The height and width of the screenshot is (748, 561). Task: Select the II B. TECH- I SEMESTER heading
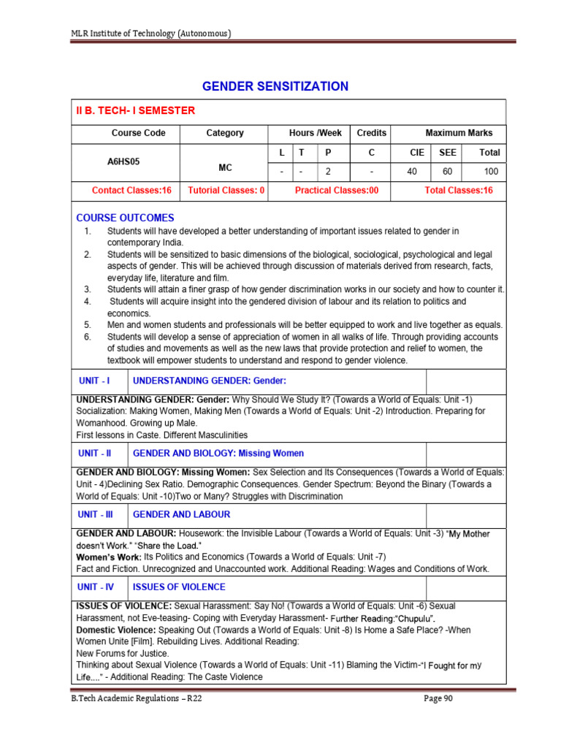click(136, 111)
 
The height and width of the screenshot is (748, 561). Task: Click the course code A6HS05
click(127, 163)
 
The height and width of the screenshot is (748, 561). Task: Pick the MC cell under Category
click(225, 167)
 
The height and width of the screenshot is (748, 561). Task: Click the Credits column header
click(371, 133)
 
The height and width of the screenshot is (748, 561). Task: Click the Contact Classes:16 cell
click(131, 191)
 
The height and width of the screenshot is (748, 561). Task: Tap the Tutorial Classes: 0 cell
click(226, 191)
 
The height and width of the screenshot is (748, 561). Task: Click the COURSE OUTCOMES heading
click(126, 218)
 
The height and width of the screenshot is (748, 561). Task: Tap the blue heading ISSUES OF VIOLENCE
click(179, 587)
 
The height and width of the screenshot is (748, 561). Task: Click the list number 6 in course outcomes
click(87, 337)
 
